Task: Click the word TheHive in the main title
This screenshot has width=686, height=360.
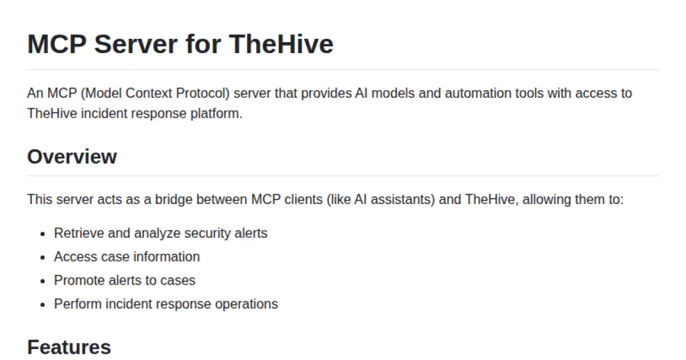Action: (281, 44)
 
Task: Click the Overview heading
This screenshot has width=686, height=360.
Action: (72, 156)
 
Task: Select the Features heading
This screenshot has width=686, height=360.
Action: (69, 347)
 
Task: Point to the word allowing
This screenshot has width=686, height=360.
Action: (547, 200)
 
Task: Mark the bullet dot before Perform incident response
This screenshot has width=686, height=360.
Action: (42, 304)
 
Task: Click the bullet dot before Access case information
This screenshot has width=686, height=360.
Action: (42, 257)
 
